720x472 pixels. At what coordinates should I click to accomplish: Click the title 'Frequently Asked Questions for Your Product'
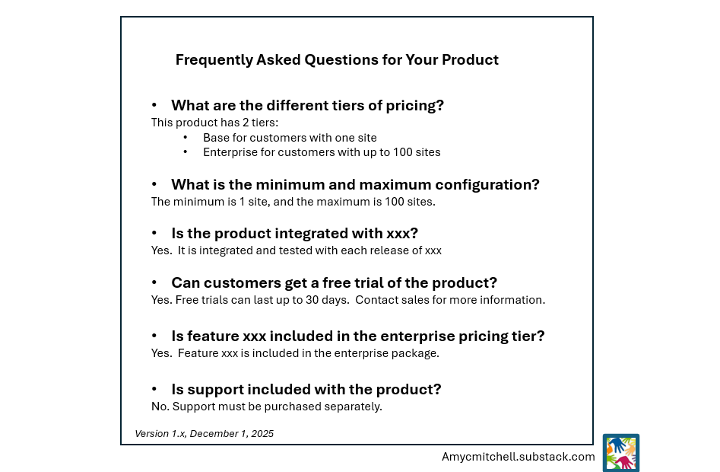[337, 60]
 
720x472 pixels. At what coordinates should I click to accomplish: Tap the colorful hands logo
[620, 453]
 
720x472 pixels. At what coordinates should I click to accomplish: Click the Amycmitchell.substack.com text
[518, 457]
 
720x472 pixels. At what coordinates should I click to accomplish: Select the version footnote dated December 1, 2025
[204, 434]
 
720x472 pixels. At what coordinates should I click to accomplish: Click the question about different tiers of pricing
[307, 106]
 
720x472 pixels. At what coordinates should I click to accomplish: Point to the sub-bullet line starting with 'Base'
[290, 138]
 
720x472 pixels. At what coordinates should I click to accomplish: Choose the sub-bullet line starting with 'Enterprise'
[322, 152]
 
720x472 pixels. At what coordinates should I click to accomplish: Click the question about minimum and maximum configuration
[355, 185]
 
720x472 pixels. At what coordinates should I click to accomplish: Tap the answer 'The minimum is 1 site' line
[293, 202]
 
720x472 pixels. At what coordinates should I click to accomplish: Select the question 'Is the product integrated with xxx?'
[294, 234]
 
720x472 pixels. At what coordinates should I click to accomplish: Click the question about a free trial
[334, 283]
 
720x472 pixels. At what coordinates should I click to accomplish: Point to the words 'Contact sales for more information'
[449, 300]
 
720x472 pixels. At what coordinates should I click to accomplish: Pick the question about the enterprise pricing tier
[357, 336]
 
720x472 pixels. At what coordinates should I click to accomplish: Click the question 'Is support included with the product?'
[306, 390]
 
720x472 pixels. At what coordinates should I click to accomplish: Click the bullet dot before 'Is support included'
[154, 390]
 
